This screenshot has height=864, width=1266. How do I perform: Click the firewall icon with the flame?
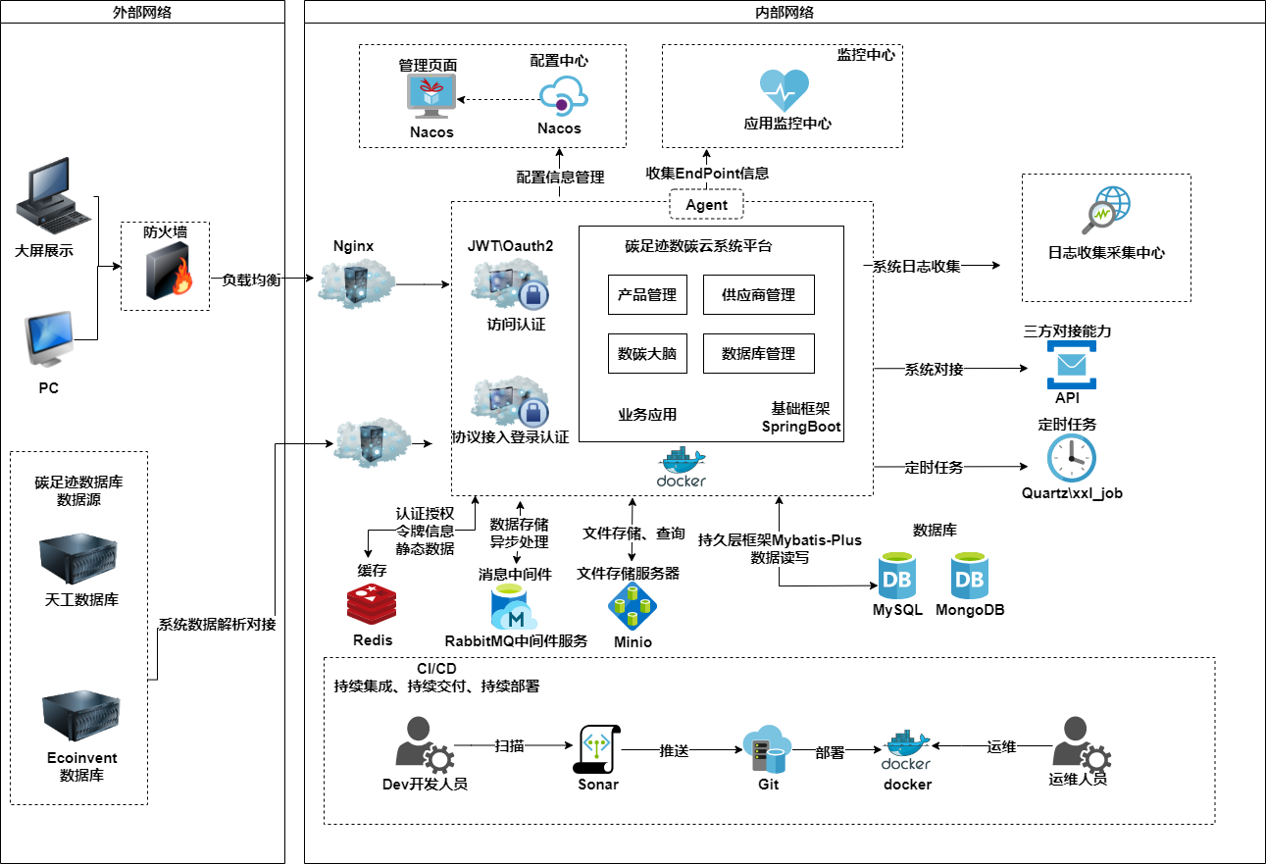[x=165, y=273]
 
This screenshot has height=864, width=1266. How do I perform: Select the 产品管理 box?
[x=647, y=295]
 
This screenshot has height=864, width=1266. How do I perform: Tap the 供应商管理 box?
[x=758, y=295]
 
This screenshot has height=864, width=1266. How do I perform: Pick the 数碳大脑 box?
[x=647, y=354]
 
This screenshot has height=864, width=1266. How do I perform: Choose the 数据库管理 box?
[x=758, y=354]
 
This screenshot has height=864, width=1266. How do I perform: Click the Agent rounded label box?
[x=706, y=205]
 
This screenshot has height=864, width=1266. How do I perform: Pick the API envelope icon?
[x=1070, y=365]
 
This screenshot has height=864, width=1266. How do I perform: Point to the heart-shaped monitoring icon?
[x=785, y=90]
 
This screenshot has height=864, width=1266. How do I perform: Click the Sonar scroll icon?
[x=597, y=749]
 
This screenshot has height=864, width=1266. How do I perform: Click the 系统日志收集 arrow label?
[x=917, y=266]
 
